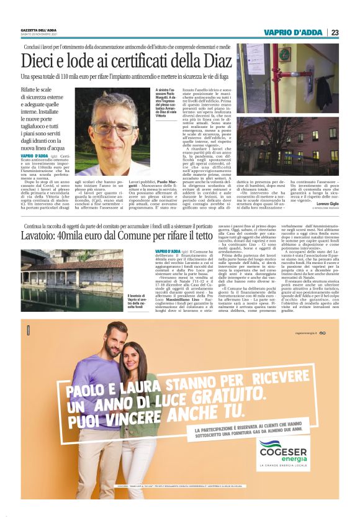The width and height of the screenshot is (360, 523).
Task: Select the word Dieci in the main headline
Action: (x=43, y=61)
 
